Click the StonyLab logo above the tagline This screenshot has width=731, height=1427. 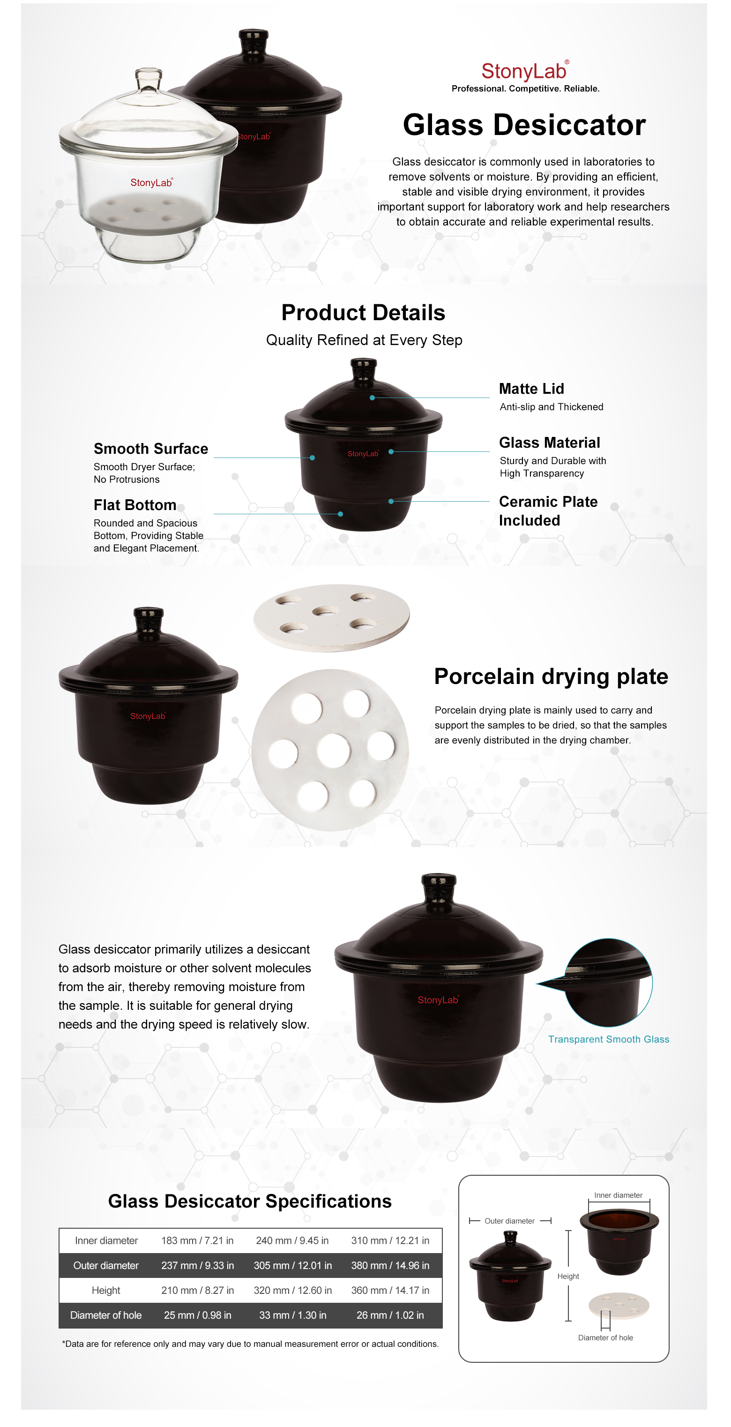[x=525, y=71]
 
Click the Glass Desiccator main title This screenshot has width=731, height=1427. [x=524, y=125]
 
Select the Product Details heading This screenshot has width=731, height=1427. [x=363, y=312]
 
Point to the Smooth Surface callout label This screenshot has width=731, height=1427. [x=150, y=449]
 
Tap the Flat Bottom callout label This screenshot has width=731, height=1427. [x=134, y=505]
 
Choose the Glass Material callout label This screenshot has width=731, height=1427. [x=549, y=443]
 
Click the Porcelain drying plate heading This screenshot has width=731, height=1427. [x=551, y=676]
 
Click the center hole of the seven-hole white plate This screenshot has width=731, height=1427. [x=333, y=751]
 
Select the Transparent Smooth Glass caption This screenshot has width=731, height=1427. [x=609, y=1039]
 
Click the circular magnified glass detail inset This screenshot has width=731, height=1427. [x=608, y=982]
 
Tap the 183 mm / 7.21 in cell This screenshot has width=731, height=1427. [x=197, y=1240]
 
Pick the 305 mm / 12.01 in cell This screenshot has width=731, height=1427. [x=293, y=1265]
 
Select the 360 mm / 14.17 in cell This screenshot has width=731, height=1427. [x=390, y=1290]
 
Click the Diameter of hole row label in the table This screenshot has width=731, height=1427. [x=106, y=1315]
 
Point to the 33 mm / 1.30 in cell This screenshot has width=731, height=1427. [x=293, y=1315]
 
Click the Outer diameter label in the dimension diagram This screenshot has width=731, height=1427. [x=509, y=1221]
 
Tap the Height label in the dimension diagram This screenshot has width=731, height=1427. [x=568, y=1277]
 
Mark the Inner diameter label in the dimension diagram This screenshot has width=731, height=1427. [x=618, y=1195]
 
